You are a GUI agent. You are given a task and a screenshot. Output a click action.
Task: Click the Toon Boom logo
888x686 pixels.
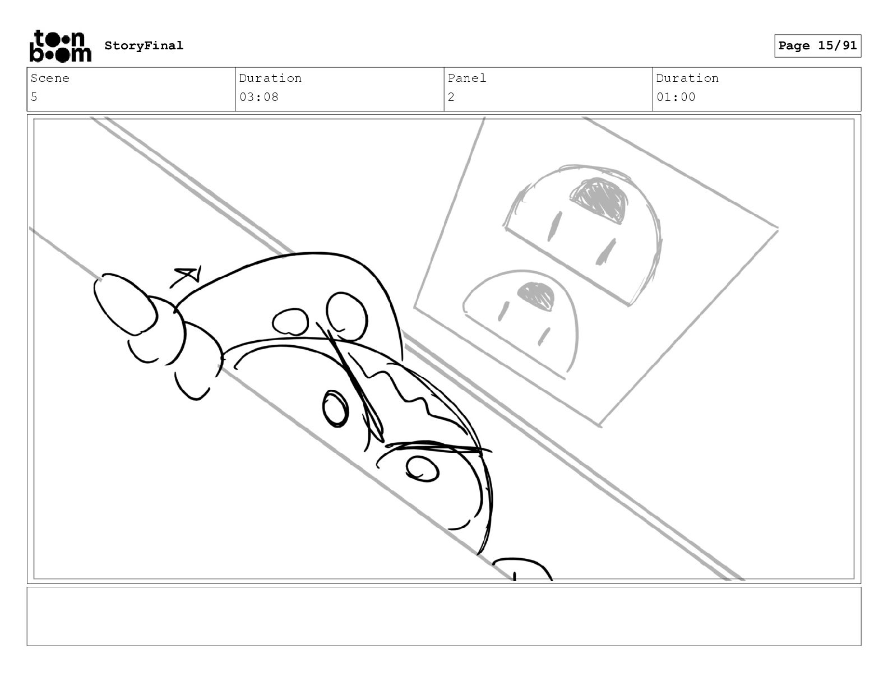(61, 46)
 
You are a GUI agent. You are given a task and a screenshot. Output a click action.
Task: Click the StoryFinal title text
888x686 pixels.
(144, 45)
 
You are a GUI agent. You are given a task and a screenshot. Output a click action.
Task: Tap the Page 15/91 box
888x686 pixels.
(818, 46)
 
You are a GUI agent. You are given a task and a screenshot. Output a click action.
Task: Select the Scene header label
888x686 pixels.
(50, 78)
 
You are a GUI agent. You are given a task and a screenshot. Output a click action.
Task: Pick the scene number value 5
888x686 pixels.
(34, 98)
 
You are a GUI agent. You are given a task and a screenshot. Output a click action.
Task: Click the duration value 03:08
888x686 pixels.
(258, 98)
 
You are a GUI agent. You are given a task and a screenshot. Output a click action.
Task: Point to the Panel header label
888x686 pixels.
(466, 78)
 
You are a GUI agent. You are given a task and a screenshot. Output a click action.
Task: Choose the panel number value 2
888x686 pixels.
(451, 98)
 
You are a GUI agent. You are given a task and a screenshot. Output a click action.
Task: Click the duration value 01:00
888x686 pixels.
(676, 98)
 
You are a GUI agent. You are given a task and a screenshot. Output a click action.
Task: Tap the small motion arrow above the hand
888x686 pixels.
(186, 277)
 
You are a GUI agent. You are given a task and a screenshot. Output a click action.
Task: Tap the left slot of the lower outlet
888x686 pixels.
(503, 311)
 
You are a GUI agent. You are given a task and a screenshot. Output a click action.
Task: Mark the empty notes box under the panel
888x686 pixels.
(444, 617)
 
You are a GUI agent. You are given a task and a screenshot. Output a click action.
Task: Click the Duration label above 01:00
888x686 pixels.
(687, 78)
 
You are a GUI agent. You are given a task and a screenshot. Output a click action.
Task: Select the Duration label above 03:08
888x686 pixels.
(271, 78)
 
